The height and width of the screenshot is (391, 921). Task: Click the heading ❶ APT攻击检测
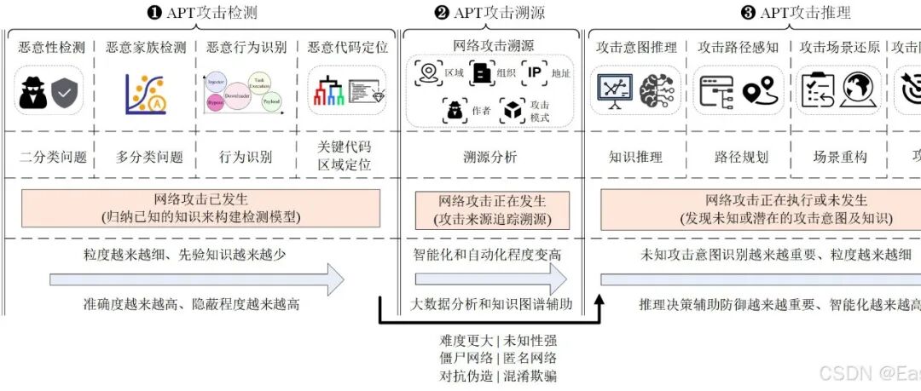[x=202, y=12]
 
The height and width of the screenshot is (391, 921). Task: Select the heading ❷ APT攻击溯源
[x=489, y=12]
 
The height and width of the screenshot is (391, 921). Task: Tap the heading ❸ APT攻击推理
[x=795, y=12]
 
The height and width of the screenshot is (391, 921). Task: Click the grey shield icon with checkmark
[x=66, y=93]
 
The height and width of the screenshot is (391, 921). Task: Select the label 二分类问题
[x=53, y=157]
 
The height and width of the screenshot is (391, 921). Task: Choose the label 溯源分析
[x=489, y=157]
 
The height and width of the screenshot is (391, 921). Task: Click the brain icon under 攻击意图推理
[x=657, y=91]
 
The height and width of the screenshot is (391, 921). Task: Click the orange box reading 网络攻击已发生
[x=200, y=208]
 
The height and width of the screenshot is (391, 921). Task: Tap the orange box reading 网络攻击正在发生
[x=491, y=210]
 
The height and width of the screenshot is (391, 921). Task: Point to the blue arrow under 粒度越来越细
[x=196, y=279]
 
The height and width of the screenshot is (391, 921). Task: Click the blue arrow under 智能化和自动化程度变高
[x=490, y=279]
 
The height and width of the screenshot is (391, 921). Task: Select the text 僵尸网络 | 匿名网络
[x=489, y=358]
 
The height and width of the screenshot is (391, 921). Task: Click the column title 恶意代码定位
[x=347, y=47]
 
